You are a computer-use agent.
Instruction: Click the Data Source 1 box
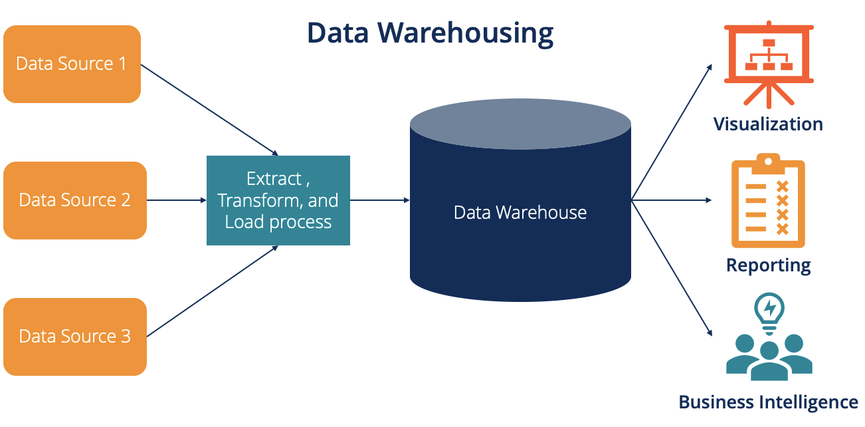[72, 65]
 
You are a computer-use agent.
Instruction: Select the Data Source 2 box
[74, 200]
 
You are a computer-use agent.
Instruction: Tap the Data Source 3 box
[74, 337]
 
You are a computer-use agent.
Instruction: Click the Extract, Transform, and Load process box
[278, 200]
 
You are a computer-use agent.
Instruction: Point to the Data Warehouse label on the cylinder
[520, 213]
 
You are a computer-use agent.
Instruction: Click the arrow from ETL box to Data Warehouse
[379, 200]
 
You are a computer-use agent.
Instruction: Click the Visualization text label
[768, 124]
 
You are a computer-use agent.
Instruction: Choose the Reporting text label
[768, 265]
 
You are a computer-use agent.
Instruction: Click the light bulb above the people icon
[769, 309]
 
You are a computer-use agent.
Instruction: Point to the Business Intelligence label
[768, 402]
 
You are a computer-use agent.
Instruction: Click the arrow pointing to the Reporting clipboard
[671, 200]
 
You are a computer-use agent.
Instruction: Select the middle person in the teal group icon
[769, 362]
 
